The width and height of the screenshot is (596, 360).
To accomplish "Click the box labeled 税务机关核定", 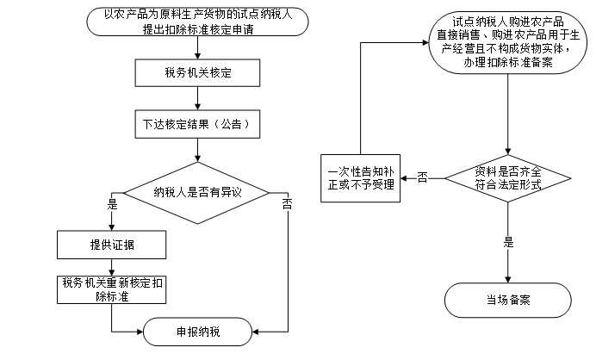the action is (197, 72).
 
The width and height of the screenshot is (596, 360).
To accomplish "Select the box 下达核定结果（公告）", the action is (197, 124).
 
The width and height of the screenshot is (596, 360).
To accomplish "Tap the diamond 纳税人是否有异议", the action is (197, 193).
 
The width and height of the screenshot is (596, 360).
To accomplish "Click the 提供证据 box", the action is (111, 245).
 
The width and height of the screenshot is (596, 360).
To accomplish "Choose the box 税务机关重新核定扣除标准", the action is (111, 289).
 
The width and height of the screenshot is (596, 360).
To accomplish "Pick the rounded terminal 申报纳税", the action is (197, 332).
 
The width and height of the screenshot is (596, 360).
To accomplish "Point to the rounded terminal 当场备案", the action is (508, 300).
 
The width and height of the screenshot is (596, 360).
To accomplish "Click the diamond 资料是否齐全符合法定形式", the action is (508, 178).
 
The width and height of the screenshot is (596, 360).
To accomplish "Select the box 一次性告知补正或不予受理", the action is (360, 178).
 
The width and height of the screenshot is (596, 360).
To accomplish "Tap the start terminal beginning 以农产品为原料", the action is (197, 22).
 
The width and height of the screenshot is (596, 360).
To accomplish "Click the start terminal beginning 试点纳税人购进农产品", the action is (508, 42).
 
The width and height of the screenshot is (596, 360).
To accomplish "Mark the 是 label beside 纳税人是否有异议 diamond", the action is (112, 204).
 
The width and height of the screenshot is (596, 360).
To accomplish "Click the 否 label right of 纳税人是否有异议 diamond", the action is (288, 204).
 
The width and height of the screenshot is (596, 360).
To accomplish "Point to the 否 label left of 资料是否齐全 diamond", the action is (422, 177).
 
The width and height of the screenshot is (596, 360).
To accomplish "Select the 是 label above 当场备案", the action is (508, 242).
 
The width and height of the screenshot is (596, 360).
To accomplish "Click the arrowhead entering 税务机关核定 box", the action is (197, 56).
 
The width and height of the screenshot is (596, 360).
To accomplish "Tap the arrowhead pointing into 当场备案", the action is (508, 280).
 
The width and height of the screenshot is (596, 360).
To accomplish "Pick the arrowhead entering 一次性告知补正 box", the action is (403, 178).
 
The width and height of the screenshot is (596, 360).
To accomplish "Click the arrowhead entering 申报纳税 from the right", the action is (255, 332).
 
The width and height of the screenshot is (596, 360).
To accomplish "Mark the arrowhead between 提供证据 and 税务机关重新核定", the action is (111, 273).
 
